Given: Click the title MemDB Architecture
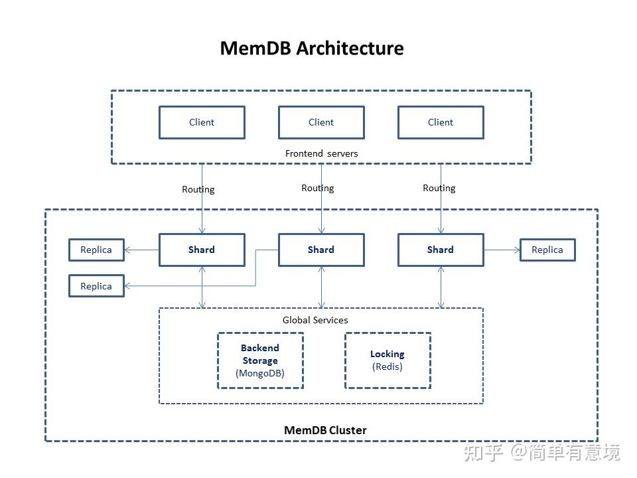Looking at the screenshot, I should click(x=311, y=48).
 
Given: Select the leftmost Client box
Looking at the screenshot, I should click(x=202, y=122).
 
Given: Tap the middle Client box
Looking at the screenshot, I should click(x=321, y=122).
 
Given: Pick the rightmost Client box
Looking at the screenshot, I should click(x=441, y=122).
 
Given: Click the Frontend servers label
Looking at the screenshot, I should click(x=321, y=153).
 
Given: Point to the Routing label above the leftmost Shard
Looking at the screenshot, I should click(x=198, y=189).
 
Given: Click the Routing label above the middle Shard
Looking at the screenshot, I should click(x=317, y=188).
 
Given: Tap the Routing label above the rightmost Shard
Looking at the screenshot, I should click(x=439, y=188).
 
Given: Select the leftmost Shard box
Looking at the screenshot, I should click(x=202, y=250).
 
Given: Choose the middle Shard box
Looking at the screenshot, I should click(x=321, y=250).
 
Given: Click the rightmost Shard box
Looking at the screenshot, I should click(x=441, y=250).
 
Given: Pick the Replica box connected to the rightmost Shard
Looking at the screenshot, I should click(x=547, y=250).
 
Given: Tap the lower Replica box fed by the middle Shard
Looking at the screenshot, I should click(x=96, y=286).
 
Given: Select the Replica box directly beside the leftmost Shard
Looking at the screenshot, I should click(x=96, y=250).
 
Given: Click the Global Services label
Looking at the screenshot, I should click(x=315, y=320).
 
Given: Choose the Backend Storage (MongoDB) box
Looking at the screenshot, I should click(x=260, y=360).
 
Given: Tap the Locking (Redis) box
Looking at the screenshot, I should click(x=388, y=360).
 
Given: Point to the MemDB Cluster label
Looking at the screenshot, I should click(x=325, y=430).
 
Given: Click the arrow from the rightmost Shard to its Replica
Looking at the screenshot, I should click(x=502, y=250).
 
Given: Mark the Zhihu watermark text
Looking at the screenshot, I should click(x=541, y=453).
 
